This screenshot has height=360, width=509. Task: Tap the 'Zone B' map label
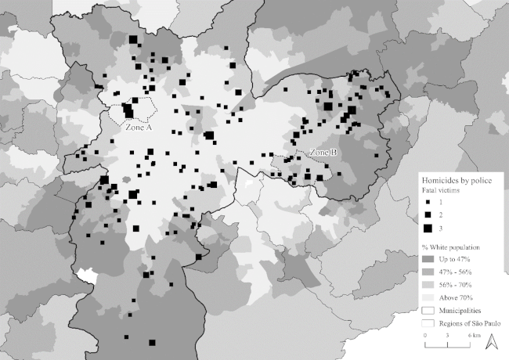323,152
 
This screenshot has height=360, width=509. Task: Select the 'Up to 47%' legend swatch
428,258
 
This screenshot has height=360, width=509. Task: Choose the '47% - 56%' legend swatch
428,272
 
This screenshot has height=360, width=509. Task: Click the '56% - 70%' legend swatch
428,285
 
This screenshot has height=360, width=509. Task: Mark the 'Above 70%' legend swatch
428,298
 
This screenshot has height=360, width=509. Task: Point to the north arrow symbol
493,341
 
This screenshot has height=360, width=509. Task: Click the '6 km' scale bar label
474,334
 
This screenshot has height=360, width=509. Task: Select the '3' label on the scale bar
446,334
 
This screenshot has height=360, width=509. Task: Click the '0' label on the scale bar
424,334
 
